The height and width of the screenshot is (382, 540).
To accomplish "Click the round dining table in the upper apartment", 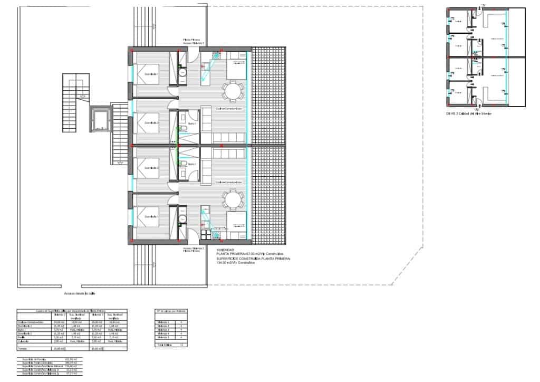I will tap(233, 91).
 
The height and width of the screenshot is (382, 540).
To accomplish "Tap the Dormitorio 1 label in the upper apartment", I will tap(152, 74).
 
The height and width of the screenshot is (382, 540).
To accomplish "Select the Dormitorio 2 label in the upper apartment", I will tap(152, 123).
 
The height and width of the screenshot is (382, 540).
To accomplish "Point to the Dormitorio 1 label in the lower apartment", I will tap(152, 216).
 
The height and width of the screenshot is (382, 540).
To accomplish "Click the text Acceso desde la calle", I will tap(80, 294).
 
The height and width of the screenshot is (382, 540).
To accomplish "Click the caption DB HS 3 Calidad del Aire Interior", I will tap(468, 113).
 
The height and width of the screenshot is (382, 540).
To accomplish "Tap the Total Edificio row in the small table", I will tap(164, 345).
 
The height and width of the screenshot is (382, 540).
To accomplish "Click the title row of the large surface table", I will tap(72, 311).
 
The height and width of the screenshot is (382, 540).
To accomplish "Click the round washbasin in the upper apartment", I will tap(182, 73).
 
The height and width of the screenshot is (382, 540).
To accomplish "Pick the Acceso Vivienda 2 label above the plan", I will tap(193, 43).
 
